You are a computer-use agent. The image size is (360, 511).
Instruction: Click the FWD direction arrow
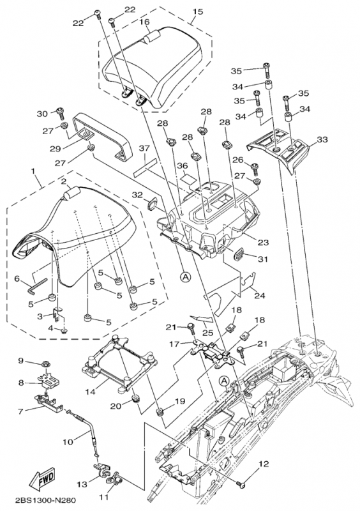[x=43, y=478]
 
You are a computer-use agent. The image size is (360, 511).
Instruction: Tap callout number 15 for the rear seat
[x=197, y=11]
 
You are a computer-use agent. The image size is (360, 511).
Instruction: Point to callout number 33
[x=322, y=140]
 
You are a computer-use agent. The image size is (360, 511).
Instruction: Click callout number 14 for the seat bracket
[x=90, y=391]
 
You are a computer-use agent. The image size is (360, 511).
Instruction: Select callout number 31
[x=262, y=259]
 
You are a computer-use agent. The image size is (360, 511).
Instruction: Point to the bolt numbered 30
[x=61, y=112]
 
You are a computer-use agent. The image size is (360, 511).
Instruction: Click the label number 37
[x=144, y=148]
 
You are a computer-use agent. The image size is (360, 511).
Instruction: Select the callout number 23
[x=263, y=243]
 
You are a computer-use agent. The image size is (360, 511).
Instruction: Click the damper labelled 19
[x=160, y=413]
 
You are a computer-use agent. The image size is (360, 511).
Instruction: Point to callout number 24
[x=260, y=296]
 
